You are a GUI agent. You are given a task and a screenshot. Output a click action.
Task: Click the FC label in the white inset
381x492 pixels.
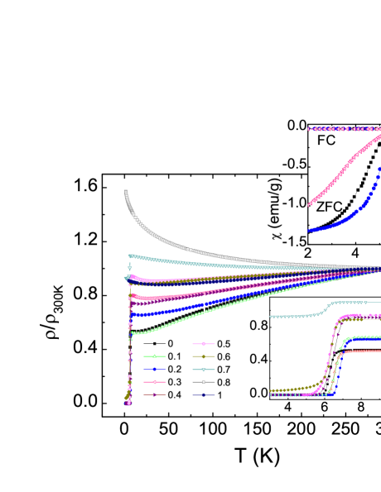click(x=326, y=141)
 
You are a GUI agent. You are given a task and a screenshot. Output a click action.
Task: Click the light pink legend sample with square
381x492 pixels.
click(x=204, y=343)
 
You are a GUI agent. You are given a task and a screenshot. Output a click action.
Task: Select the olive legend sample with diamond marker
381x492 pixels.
click(x=204, y=356)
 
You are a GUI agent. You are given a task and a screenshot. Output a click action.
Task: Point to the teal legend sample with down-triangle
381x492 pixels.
click(x=204, y=370)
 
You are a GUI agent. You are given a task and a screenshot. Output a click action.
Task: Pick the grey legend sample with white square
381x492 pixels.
click(x=204, y=382)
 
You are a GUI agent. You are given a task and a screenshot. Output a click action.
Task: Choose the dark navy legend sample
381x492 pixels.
click(x=204, y=395)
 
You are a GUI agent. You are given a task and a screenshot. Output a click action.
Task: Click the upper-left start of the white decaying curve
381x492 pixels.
click(x=126, y=193)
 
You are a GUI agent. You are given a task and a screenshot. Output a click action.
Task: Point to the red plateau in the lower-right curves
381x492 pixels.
click(x=364, y=351)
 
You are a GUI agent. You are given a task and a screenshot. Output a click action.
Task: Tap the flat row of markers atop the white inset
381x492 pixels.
click(x=344, y=128)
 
